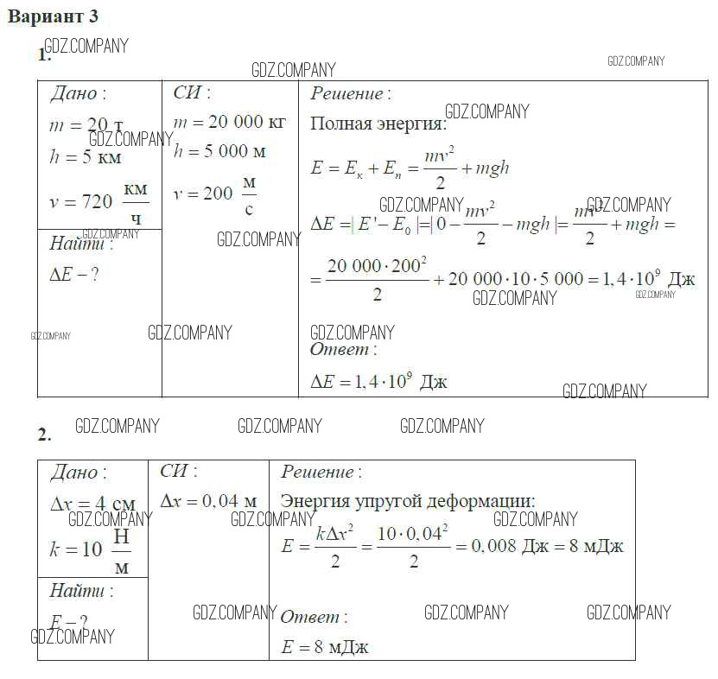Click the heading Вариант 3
click(54, 16)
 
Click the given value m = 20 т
click(86, 125)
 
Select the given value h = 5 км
click(85, 157)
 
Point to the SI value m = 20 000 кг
click(229, 122)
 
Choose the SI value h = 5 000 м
click(219, 151)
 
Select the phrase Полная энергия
click(378, 124)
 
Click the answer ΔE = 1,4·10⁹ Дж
click(378, 381)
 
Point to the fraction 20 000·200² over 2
click(377, 278)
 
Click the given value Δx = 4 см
click(92, 505)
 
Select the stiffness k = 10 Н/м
click(91, 549)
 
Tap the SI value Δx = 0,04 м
click(208, 501)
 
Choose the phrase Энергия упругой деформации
click(408, 501)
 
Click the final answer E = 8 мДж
click(325, 646)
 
